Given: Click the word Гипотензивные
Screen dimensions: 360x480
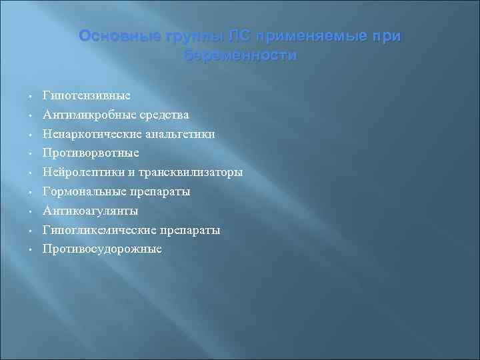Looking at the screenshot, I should (86, 95).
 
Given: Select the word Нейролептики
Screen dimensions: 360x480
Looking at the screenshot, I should (83, 172).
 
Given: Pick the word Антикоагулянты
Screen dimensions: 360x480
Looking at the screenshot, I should (91, 211).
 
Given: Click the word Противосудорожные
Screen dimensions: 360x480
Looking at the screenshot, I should (102, 249).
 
